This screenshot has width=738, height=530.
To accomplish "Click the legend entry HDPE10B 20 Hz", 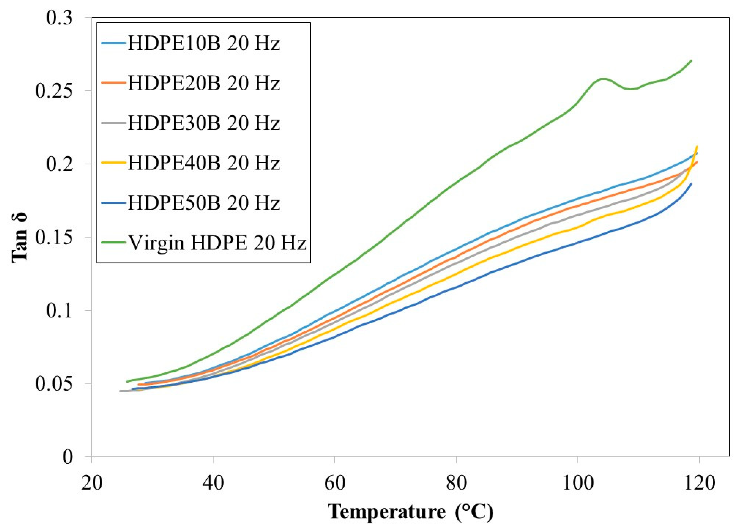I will point(203,43).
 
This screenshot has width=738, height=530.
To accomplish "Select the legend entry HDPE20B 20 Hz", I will point(203,83).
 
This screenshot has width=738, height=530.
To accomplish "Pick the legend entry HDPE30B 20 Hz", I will point(203,123).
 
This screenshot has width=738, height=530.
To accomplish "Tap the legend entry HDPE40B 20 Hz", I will point(203,163).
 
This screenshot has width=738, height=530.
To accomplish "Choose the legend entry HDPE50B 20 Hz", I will point(203,202).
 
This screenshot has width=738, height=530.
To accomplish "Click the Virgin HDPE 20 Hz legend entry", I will point(217,242).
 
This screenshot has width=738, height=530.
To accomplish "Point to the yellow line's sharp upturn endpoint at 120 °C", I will point(697,146).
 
